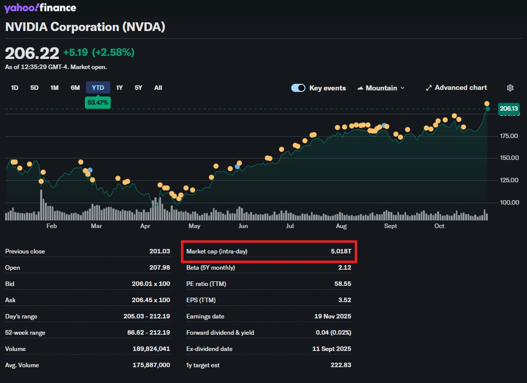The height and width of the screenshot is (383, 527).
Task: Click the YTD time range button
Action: click(x=98, y=88)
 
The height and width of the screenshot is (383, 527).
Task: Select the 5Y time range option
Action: click(x=138, y=88)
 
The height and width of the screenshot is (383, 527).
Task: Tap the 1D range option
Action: click(x=15, y=88)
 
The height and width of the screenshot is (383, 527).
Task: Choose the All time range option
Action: click(x=158, y=88)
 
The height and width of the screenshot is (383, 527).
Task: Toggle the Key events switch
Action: click(x=298, y=88)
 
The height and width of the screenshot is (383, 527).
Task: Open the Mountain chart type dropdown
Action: click(x=381, y=88)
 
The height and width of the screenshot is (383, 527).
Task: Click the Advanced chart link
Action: click(x=456, y=88)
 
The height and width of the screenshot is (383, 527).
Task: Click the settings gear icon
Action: click(x=511, y=88)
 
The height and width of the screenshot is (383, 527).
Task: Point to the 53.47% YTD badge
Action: click(x=98, y=103)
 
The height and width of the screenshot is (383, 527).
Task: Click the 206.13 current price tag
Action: click(x=509, y=108)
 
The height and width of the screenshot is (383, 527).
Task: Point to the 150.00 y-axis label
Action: click(x=509, y=158)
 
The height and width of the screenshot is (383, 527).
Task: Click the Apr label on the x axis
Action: click(x=145, y=226)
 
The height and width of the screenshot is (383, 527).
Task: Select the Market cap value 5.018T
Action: click(x=341, y=251)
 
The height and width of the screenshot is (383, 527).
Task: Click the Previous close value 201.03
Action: click(x=159, y=251)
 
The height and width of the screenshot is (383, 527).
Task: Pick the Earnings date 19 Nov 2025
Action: click(x=333, y=316)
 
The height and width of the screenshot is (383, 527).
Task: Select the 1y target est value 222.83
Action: click(x=341, y=365)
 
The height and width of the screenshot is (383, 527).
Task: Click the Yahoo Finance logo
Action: click(x=40, y=8)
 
